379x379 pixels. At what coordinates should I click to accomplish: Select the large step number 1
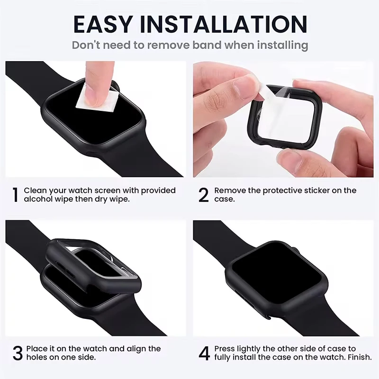15,195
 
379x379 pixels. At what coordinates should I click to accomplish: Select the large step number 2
203,195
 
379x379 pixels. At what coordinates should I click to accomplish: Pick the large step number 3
17,353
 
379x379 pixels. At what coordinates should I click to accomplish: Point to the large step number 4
203,353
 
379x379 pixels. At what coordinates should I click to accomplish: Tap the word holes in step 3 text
36,358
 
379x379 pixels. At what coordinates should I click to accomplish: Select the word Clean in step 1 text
35,190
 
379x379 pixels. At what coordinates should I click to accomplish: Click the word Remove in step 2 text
230,190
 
